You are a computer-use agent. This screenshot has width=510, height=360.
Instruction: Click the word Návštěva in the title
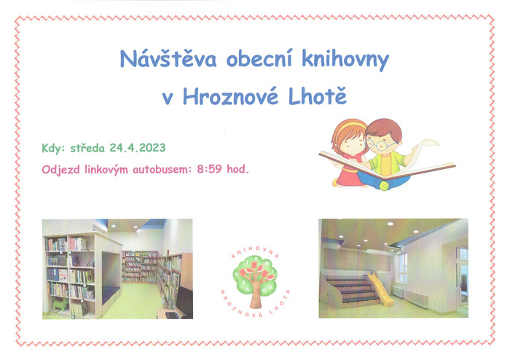168,59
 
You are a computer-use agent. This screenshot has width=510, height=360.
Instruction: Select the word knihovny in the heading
345,60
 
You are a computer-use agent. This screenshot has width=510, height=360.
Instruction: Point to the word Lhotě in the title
318,95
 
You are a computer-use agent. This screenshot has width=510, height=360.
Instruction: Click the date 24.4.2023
138,148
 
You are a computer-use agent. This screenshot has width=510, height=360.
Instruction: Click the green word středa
87,148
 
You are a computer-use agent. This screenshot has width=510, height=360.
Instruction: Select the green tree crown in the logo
255,275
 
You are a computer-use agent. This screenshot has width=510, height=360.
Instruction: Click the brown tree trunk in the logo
256,296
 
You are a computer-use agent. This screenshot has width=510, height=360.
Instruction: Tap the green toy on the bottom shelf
60,305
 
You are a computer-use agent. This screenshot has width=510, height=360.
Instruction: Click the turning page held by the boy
425,152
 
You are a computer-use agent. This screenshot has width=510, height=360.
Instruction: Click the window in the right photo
403,268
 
